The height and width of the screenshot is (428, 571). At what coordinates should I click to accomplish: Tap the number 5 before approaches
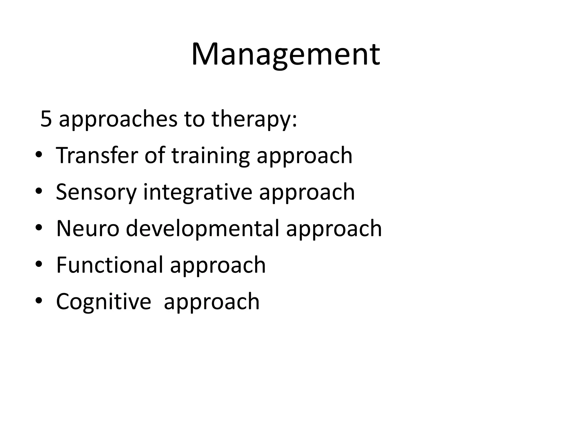tap(46, 119)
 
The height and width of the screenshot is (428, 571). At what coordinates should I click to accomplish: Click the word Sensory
tap(96, 193)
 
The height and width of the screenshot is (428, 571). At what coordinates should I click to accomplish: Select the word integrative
tap(198, 193)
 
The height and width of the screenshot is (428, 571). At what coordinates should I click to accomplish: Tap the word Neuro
tap(88, 228)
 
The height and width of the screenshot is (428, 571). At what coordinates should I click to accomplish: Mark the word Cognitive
tap(103, 302)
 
